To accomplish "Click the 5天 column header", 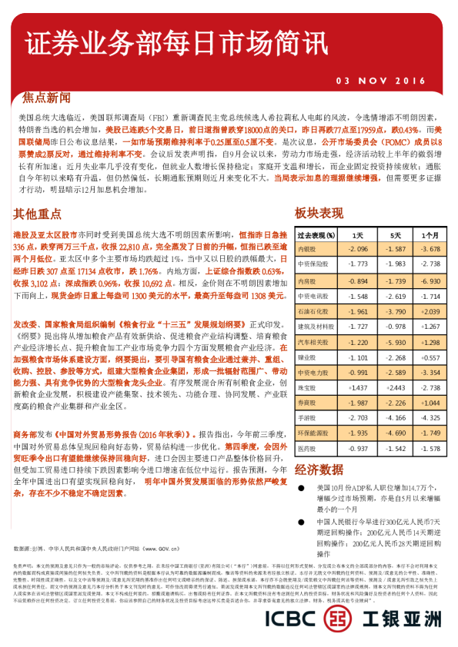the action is (x=395, y=234).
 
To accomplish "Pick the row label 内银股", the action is (x=307, y=249).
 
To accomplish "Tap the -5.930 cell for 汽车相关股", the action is (x=395, y=341).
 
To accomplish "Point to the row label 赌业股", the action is (x=307, y=357).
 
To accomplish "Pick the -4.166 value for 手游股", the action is (x=395, y=417).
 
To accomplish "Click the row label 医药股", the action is (x=307, y=448).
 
